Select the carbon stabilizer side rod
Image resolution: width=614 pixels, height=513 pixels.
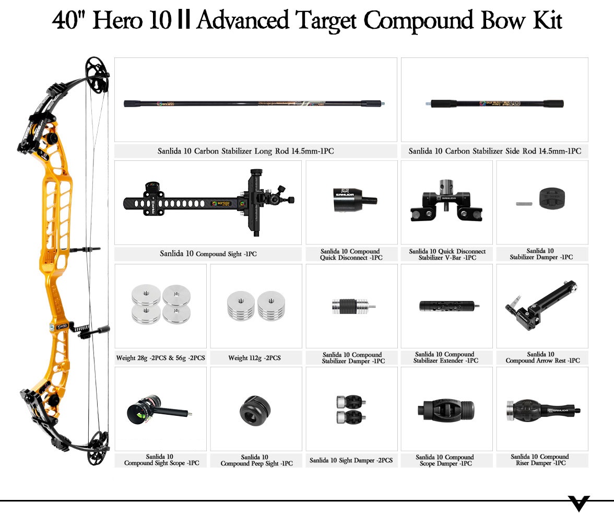tap(494, 103)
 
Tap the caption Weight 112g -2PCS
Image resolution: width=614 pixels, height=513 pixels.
tap(254, 358)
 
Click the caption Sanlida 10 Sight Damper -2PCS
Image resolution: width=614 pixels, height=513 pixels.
tap(351, 460)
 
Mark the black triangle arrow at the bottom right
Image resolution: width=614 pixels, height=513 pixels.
tap(579, 503)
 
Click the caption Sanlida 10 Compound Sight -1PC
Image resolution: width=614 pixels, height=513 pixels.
tap(208, 254)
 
